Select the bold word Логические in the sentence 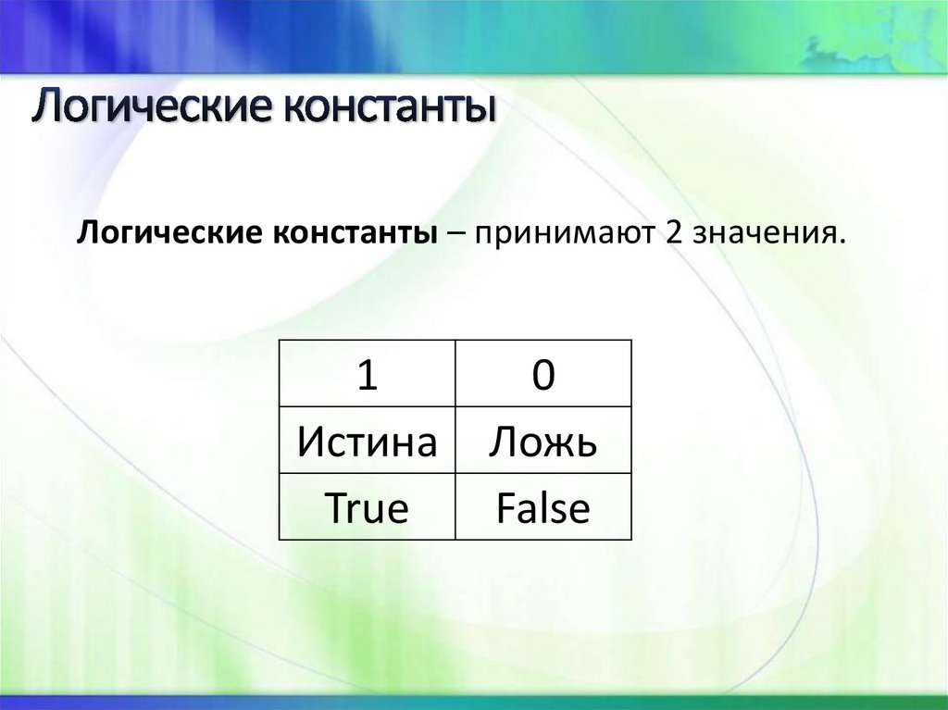tap(170, 232)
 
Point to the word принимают tap(561, 232)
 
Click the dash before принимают tap(459, 233)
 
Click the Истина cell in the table tap(367, 442)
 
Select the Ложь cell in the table tap(543, 442)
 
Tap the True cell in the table tap(367, 507)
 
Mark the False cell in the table tap(543, 507)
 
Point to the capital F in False tap(505, 507)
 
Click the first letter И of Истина tap(309, 442)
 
